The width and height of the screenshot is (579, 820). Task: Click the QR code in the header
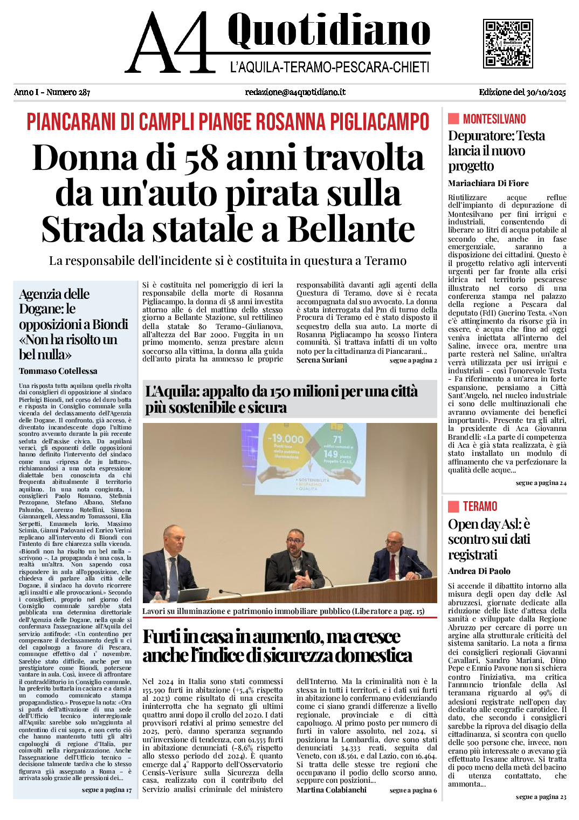point(508,44)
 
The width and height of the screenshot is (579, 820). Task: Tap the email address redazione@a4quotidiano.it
point(295,92)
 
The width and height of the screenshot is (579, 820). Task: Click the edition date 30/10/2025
point(546,92)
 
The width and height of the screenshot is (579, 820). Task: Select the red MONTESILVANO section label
point(494,119)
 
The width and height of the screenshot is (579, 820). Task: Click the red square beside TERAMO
point(453,507)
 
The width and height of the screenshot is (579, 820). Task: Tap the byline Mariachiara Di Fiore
point(488,183)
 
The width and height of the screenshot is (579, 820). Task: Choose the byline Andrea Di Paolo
point(479,571)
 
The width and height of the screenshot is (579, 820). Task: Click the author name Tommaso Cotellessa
point(58,371)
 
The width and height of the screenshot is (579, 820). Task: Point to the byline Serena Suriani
point(322,360)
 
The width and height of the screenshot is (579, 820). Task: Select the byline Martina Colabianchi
point(332,790)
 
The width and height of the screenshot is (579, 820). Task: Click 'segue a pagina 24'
point(541,483)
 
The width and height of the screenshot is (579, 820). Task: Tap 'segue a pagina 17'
point(107,790)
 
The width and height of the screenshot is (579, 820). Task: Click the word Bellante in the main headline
point(351,229)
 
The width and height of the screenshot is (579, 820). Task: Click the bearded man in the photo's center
point(294,561)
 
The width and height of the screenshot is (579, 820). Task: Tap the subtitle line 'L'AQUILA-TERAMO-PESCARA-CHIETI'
point(329,67)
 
